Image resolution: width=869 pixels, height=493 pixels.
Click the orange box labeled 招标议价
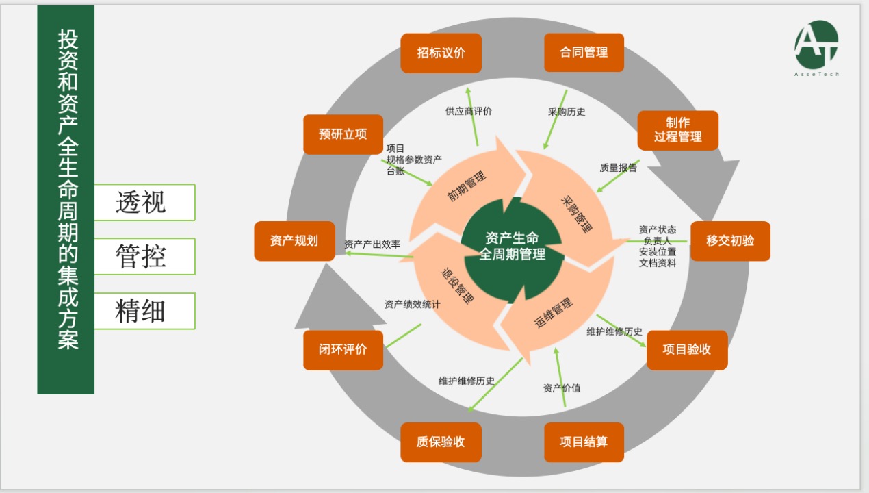click(x=441, y=53)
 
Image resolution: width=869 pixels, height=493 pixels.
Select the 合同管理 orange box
click(x=584, y=53)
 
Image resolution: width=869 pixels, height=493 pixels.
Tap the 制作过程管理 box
click(x=677, y=130)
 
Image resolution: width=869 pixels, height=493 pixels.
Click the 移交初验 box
click(x=730, y=241)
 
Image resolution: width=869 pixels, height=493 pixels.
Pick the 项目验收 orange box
click(x=686, y=350)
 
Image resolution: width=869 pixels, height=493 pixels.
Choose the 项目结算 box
click(x=584, y=442)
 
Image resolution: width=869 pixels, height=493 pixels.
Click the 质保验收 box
click(x=441, y=442)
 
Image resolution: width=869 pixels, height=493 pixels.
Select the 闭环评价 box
click(x=343, y=350)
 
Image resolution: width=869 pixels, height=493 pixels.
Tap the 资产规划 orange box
click(x=294, y=241)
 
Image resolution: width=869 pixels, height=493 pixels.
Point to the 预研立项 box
click(x=343, y=134)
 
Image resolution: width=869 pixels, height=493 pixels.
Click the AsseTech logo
click(x=816, y=48)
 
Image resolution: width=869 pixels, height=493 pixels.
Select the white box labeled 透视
click(x=144, y=203)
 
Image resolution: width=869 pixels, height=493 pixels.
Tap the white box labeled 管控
click(x=144, y=257)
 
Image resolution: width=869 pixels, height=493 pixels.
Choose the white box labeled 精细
click(x=144, y=311)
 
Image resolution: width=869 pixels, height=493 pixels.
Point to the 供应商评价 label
click(x=469, y=111)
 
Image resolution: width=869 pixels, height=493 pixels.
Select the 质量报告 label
click(x=618, y=167)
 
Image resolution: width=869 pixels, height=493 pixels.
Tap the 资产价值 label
click(x=562, y=388)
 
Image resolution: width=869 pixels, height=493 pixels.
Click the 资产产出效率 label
click(x=372, y=244)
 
